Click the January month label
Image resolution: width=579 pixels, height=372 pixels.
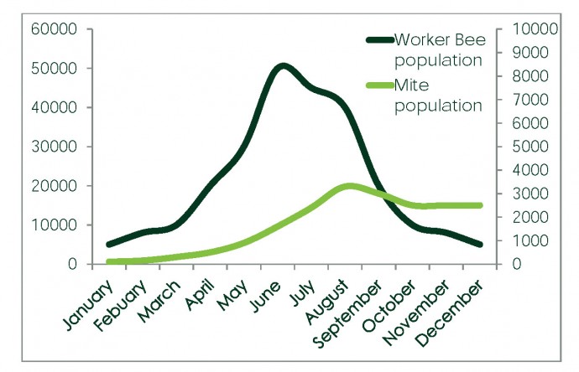(85, 308)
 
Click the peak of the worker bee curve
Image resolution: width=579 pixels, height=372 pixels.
(283, 66)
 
